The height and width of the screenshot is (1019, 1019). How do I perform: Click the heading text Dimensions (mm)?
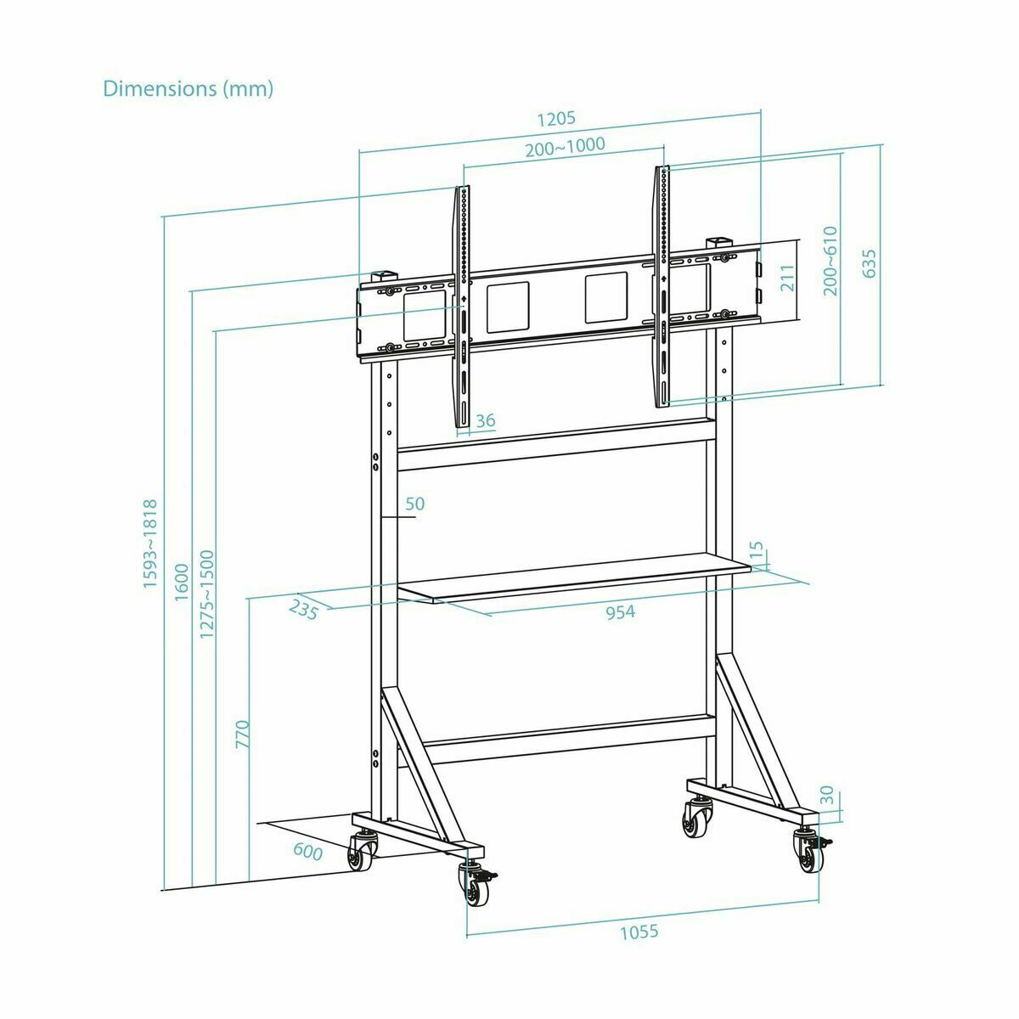click(x=188, y=88)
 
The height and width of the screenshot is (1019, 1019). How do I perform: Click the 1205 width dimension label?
click(x=557, y=118)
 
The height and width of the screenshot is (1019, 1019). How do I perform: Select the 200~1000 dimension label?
click(x=565, y=145)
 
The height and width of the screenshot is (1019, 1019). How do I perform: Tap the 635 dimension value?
click(x=869, y=264)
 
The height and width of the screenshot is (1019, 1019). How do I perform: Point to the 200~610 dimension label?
click(x=830, y=261)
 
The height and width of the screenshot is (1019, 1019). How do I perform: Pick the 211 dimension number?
click(x=788, y=279)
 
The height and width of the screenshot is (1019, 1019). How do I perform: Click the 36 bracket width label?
click(x=486, y=421)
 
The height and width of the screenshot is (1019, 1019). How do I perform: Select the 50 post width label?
click(x=414, y=504)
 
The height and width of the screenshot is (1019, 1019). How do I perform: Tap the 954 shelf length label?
click(x=621, y=611)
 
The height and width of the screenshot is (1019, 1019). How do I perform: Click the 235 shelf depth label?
click(x=303, y=609)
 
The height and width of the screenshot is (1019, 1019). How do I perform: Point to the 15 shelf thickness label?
click(x=758, y=550)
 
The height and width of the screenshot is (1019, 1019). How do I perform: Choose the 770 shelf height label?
click(x=242, y=734)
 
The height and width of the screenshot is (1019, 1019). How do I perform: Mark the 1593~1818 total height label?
click(x=150, y=544)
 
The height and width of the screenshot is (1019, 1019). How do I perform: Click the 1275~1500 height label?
click(x=207, y=594)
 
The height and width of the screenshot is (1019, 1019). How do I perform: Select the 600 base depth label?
click(x=307, y=852)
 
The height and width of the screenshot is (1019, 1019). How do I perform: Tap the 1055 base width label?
click(x=639, y=932)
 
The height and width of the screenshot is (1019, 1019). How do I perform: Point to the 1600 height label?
click(x=180, y=582)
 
